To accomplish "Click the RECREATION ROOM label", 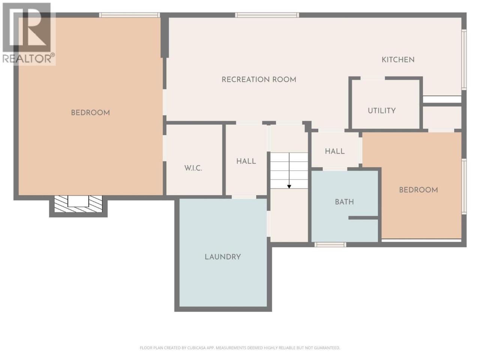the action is click(259, 79).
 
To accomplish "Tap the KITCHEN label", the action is click(398, 60).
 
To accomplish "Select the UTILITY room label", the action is click(382, 111).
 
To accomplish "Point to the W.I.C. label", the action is click(193, 168).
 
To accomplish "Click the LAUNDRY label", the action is click(223, 257).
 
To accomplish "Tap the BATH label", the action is click(344, 202).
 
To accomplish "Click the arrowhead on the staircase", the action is click(289, 186).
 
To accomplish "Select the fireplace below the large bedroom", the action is click(78, 204).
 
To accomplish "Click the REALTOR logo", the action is click(28, 33).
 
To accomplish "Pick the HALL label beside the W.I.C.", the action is click(246, 161).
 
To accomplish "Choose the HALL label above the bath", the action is click(335, 151).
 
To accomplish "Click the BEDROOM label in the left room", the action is click(90, 113).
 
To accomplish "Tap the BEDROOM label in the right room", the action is click(418, 190).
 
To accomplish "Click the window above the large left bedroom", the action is click(129, 15).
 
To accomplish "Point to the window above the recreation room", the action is click(267, 15).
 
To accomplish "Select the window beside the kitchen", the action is click(464, 60).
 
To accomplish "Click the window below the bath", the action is click(330, 244).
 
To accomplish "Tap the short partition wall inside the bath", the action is click(363, 218).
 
